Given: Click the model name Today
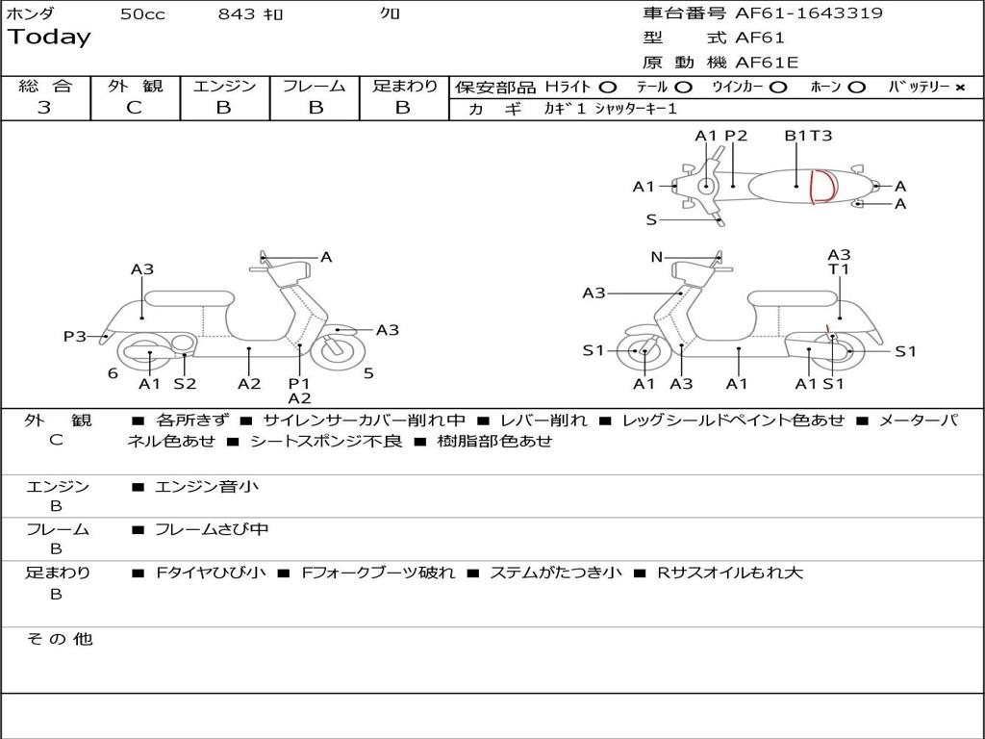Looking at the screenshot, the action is [49, 38].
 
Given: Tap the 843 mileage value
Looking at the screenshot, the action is [237, 14].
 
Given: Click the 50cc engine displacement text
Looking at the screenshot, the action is [142, 14].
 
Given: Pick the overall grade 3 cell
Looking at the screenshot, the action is [44, 108].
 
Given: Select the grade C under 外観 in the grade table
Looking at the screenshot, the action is [135, 108].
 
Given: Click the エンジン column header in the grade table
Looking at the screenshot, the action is [224, 87].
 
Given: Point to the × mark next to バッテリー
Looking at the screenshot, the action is [959, 88].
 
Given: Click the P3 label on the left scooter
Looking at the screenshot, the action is [75, 337].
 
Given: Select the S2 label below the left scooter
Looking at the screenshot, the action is [185, 384].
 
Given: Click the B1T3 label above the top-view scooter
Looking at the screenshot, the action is [808, 136].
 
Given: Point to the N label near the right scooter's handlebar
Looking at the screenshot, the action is [657, 257].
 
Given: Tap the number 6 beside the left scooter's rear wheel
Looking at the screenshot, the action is [113, 373].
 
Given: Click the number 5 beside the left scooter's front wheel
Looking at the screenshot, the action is [368, 373].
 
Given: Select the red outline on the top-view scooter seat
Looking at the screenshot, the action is [821, 187].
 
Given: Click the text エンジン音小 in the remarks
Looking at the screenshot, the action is [206, 487].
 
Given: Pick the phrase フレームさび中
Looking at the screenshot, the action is [212, 529].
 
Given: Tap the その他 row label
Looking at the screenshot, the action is [59, 639].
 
